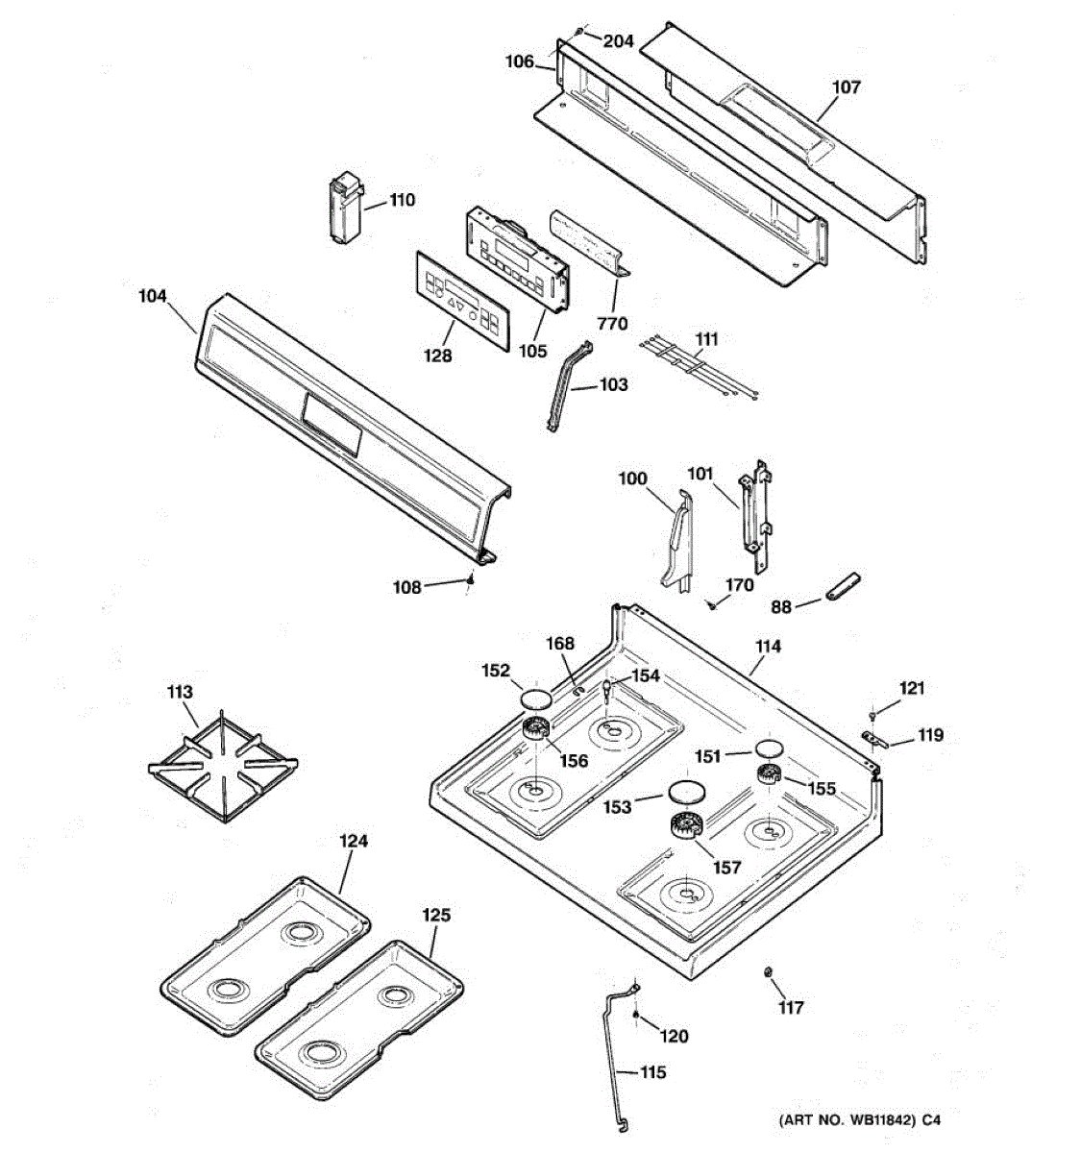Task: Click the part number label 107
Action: [x=846, y=87]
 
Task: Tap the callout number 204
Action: [x=618, y=40]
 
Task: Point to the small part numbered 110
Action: [x=343, y=210]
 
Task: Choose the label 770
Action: [x=611, y=324]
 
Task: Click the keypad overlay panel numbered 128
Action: [x=459, y=298]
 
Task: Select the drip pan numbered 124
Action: [x=266, y=956]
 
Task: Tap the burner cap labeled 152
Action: [x=535, y=696]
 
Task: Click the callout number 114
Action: [x=767, y=647]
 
